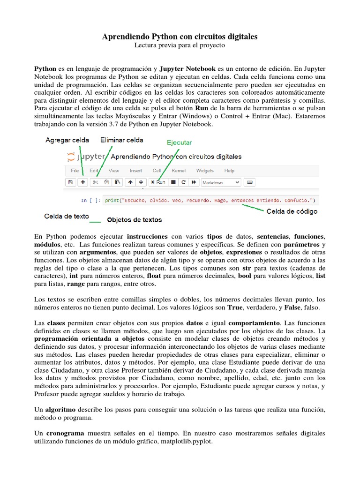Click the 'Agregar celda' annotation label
pos(67,140)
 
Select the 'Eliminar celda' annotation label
pos(122,140)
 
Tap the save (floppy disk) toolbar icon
pos(70,182)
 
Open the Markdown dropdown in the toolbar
pos(220,182)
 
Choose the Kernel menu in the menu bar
pos(179,171)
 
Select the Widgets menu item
pos(205,171)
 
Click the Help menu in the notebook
pos(229,171)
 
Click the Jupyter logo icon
pos(71,157)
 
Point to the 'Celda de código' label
pos(292,211)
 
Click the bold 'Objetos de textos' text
pos(135,219)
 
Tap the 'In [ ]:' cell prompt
pos(90,201)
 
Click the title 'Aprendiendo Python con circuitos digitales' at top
pos(180,37)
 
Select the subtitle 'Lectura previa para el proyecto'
pos(180,45)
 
